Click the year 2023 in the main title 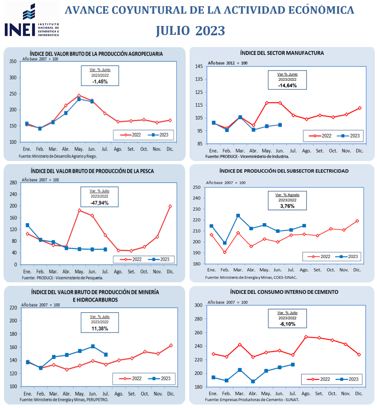point(210,31)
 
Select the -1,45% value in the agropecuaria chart point(98,82)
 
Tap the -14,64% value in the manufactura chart point(287,85)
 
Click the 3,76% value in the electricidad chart point(287,206)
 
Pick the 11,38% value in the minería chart point(100,329)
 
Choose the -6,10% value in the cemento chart point(287,324)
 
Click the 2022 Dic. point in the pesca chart point(170,206)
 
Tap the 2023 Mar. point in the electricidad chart point(238,216)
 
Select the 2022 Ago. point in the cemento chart point(306,337)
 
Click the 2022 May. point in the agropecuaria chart point(79,95)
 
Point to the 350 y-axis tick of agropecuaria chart point(13,62)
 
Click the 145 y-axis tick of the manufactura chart point(199,67)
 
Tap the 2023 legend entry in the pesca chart point(161,259)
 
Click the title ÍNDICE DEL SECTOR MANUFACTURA point(282,53)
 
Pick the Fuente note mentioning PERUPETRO point(63,400)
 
